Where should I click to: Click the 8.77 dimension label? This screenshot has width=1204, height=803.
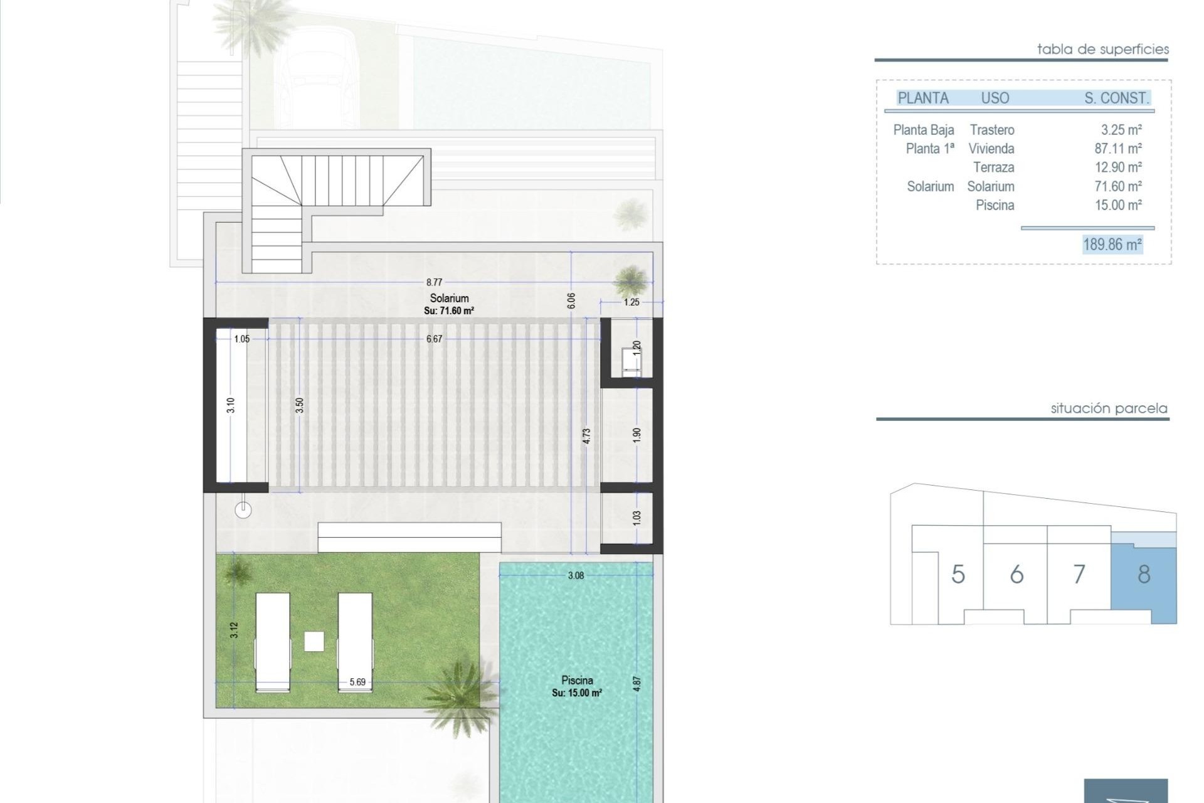(x=434, y=282)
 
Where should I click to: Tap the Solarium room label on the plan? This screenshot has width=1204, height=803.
(x=449, y=299)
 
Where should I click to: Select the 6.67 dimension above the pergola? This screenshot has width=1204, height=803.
(x=434, y=339)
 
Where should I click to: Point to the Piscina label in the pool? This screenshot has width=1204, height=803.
(x=577, y=680)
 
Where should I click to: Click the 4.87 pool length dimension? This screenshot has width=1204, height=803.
(x=637, y=683)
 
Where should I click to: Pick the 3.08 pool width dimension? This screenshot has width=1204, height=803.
(x=576, y=575)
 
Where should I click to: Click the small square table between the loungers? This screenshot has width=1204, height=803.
(x=314, y=641)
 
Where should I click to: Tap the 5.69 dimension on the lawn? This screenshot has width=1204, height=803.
(x=357, y=682)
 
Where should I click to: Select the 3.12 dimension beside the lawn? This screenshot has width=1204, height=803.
(x=234, y=630)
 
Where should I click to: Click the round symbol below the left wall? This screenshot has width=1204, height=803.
(x=243, y=510)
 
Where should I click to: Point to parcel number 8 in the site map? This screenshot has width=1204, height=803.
(x=1144, y=575)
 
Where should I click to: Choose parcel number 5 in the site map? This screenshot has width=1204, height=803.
(x=958, y=575)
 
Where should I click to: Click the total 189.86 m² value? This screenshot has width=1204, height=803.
(x=1112, y=244)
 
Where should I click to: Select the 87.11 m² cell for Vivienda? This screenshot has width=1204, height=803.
(x=1118, y=149)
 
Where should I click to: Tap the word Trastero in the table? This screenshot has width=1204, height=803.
(x=992, y=130)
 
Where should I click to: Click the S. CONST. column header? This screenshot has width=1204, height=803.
(x=1116, y=98)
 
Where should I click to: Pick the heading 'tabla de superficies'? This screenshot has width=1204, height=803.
(x=1102, y=49)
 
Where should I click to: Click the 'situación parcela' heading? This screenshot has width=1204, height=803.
(x=1109, y=408)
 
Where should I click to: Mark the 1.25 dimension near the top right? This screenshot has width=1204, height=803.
(x=631, y=302)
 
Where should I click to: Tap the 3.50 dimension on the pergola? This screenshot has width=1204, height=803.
(x=300, y=405)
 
